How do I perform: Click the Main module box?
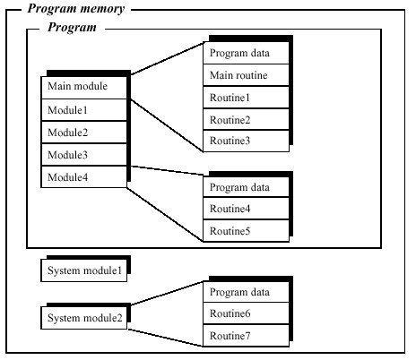click(84, 88)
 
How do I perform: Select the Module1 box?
click(84, 110)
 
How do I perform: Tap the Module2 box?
click(84, 133)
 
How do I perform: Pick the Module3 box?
click(84, 155)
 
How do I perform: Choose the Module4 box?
click(84, 176)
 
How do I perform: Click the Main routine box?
click(246, 75)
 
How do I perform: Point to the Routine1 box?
click(246, 98)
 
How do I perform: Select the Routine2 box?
click(246, 119)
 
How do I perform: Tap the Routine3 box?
click(246, 141)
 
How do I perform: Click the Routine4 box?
click(246, 209)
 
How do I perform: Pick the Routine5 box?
click(246, 230)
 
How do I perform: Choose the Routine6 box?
click(246, 313)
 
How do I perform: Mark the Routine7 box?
click(246, 336)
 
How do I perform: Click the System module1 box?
click(84, 270)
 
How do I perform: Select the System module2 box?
click(84, 318)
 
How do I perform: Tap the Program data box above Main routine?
click(246, 53)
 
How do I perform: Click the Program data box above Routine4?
click(246, 187)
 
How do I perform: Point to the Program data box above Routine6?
click(246, 292)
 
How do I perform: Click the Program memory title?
click(76, 9)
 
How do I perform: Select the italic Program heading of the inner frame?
click(72, 28)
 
